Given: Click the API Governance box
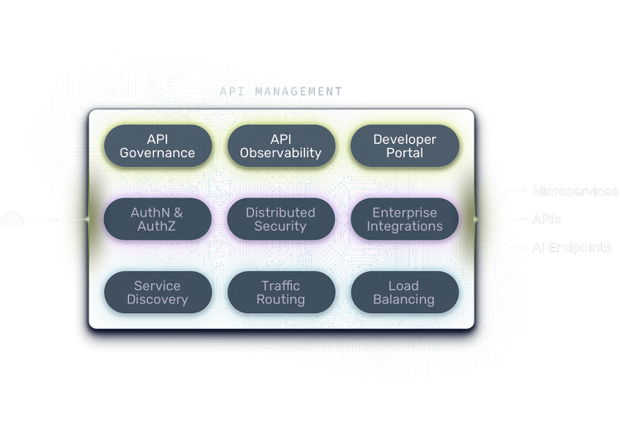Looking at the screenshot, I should tap(157, 146).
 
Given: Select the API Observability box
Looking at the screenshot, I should tap(281, 146).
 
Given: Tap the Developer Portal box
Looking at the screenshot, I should tap(404, 146).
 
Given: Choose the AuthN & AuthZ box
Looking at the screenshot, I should tap(157, 219).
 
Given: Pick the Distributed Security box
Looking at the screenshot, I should tap(281, 219).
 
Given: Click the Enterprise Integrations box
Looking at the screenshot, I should tap(404, 219).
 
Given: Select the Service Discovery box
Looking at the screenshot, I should tap(157, 293).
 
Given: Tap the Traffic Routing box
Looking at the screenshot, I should tap(281, 293).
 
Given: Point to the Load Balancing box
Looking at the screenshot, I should tap(404, 293).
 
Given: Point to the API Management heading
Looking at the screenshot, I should tap(281, 90).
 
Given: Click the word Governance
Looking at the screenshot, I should tap(157, 153).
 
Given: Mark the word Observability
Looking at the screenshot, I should tap(281, 153).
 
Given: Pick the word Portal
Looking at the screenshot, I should tap(404, 153).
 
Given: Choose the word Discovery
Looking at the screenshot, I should tap(157, 300).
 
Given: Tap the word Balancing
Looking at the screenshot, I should tap(404, 300).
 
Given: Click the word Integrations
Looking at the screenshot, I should tap(404, 226).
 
